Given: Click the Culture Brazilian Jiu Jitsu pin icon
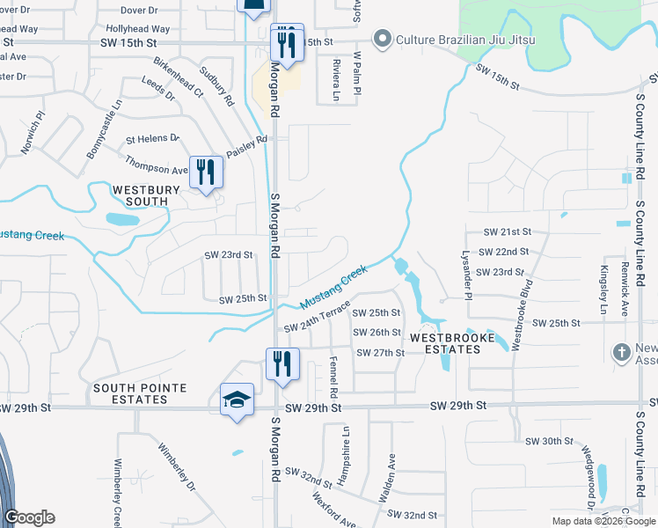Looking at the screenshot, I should (382, 40).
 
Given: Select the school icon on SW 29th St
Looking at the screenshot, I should (238, 400).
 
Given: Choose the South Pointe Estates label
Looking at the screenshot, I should (131, 393).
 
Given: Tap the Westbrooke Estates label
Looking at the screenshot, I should (445, 343).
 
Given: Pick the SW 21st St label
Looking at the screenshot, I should (508, 231).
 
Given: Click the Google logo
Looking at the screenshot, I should (29, 517).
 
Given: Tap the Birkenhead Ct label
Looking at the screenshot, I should (179, 79).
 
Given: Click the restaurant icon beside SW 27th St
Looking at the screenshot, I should (282, 363).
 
